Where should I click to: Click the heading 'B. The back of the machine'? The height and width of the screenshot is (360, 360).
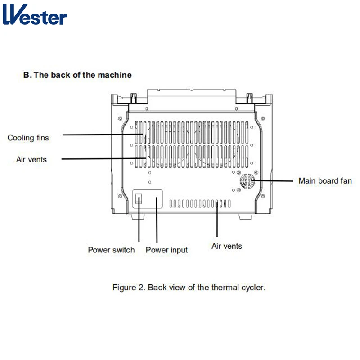coord(77,75)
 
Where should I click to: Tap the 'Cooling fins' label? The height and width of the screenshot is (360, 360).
coord(28,138)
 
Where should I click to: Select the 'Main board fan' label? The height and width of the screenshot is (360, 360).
coord(325,181)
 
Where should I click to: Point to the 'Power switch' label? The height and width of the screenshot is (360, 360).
coord(111,250)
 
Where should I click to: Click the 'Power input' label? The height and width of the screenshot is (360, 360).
coord(166,250)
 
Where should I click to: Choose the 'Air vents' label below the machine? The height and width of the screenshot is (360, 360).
coord(227,246)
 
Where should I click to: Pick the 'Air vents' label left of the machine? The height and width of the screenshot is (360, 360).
coord(31,159)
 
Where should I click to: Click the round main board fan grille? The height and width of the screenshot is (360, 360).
coord(247,183)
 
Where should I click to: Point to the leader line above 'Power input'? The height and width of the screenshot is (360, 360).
coord(157,223)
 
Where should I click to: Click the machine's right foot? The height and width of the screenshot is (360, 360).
coord(246,217)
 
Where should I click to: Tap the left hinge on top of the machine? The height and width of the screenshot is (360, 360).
coord(134,97)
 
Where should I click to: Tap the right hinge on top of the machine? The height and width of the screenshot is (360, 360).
coord(249,97)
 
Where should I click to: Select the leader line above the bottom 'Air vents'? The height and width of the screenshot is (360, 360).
coord(217,220)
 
